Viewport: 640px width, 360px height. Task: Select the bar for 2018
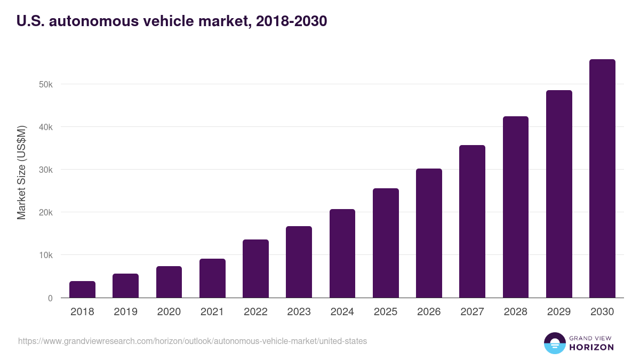tap(82, 290)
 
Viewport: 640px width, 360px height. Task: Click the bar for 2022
tap(255, 269)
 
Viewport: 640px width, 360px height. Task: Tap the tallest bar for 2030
tap(602, 179)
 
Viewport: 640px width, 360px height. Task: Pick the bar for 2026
tap(429, 233)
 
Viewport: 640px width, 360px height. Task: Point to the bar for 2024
tap(342, 253)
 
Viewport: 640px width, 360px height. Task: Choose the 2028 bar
tap(515, 207)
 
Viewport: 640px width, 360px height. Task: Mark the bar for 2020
tap(169, 282)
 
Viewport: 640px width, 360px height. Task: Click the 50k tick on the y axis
tap(45, 84)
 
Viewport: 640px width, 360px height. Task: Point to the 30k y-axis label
tap(45, 170)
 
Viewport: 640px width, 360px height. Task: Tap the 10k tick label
tap(45, 255)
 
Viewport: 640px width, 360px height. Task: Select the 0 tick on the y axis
tap(50, 298)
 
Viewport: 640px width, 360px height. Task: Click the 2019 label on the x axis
tap(125, 312)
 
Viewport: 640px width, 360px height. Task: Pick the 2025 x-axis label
tap(386, 312)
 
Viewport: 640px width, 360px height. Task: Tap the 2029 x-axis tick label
tap(559, 312)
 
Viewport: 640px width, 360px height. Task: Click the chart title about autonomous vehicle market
tap(171, 21)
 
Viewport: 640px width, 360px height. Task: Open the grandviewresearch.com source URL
tap(193, 341)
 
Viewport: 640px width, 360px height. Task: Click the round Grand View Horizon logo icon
tap(554, 343)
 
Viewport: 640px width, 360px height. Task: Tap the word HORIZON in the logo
tap(591, 347)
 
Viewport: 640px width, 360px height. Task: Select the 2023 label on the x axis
tap(299, 312)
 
